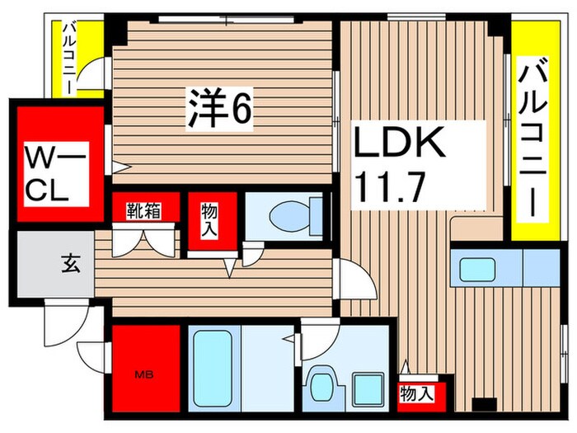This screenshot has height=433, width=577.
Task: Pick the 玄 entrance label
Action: click(66, 265)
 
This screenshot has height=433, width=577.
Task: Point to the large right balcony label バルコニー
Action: click(532, 140)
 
